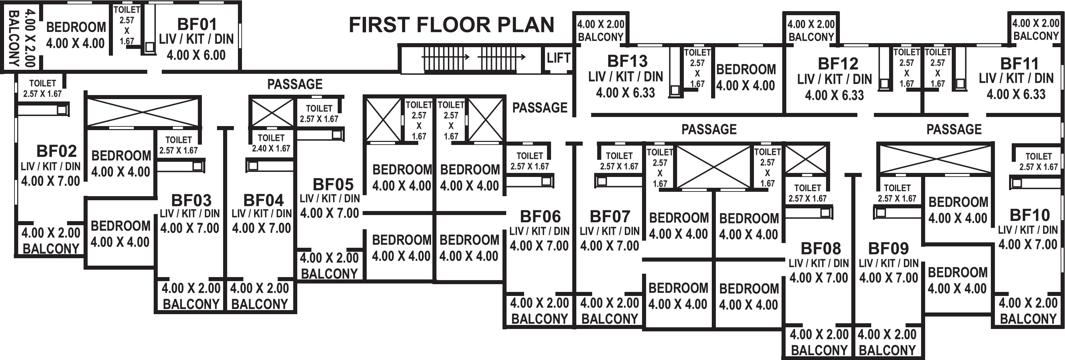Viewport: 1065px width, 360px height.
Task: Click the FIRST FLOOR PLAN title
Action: coord(452,25)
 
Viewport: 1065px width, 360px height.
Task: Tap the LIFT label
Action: coord(558,58)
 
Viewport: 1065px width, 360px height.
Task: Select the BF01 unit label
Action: coord(197,24)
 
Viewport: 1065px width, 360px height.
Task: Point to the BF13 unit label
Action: coord(627,61)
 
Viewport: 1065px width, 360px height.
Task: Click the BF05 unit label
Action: coord(333,184)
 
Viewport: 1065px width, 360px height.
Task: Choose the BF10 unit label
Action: coord(1030,215)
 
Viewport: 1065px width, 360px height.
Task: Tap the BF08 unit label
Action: coord(821,248)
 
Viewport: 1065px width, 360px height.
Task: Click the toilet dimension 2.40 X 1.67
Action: coord(271,148)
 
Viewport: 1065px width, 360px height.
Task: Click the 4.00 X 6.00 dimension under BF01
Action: coord(196,55)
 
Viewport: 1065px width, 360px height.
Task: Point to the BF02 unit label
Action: coord(57,151)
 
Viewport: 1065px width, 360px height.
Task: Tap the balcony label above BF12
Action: coord(811,37)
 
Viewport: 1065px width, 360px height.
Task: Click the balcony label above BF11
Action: coord(1036,36)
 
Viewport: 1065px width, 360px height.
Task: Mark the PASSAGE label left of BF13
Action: coord(540,108)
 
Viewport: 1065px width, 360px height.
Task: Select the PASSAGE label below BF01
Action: coord(295,84)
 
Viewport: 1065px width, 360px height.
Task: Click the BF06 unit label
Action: coord(540,217)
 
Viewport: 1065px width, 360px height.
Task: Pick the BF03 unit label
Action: coord(191,201)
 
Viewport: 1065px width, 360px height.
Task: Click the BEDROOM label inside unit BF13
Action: coord(746,69)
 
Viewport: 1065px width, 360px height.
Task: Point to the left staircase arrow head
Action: coord(467,57)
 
